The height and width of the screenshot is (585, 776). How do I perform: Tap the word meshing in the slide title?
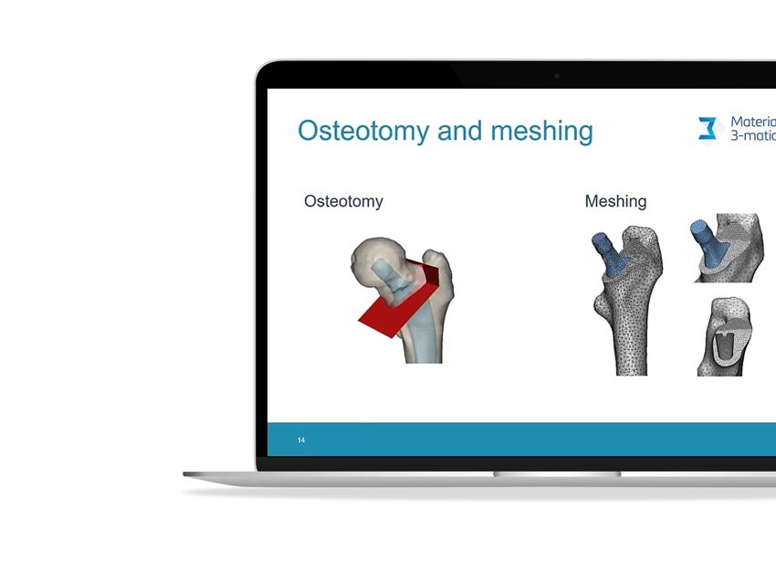pyautogui.click(x=541, y=131)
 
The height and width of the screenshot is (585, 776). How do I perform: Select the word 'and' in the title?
pyautogui.click(x=459, y=131)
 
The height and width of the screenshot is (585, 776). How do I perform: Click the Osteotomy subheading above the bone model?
pyautogui.click(x=343, y=201)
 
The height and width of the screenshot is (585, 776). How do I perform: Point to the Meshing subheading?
pyautogui.click(x=615, y=201)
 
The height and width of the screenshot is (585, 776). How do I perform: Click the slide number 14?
pyautogui.click(x=301, y=441)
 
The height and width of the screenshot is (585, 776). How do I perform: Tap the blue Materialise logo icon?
pyautogui.click(x=708, y=129)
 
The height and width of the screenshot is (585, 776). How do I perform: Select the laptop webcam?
pyautogui.click(x=557, y=76)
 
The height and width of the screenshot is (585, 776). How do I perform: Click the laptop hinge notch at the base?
pyautogui.click(x=557, y=473)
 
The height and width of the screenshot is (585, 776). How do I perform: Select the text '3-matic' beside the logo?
pyautogui.click(x=753, y=136)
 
